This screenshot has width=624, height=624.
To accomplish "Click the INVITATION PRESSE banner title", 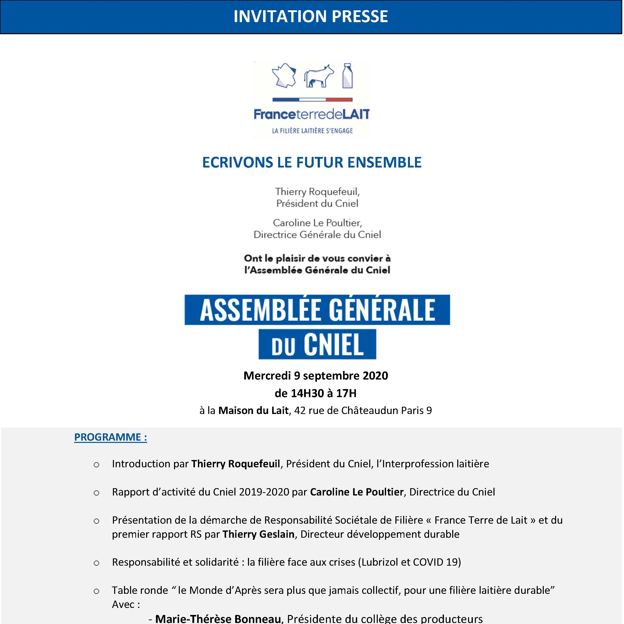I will pos(311,16).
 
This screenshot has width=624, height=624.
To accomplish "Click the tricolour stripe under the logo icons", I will pos(312,100).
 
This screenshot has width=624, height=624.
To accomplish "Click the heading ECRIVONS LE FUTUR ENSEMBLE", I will pos(312,162).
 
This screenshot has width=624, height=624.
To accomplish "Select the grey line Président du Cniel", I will pos(317,203).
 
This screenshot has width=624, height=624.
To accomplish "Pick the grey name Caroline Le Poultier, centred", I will pos(317,223).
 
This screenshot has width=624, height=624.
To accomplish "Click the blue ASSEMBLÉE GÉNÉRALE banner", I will pos(317,310).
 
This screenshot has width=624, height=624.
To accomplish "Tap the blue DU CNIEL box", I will pos(317,344).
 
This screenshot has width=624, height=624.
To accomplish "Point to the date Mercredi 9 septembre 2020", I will pos(316,376).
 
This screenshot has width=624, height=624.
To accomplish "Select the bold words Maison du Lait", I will pos(253,410).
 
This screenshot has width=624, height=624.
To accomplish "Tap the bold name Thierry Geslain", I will pos(258,534).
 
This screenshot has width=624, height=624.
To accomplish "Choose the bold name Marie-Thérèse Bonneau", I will pos(218,618).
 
